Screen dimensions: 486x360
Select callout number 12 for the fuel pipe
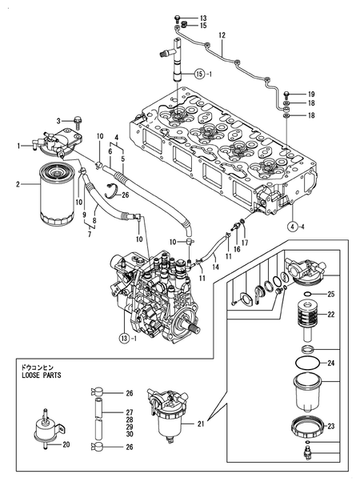click(222, 35)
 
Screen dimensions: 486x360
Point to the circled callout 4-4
click(296, 227)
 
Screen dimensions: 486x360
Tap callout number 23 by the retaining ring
click(330, 426)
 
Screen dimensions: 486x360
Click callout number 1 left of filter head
click(18, 146)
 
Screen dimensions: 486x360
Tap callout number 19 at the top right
click(312, 94)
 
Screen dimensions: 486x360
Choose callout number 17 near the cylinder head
click(245, 243)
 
